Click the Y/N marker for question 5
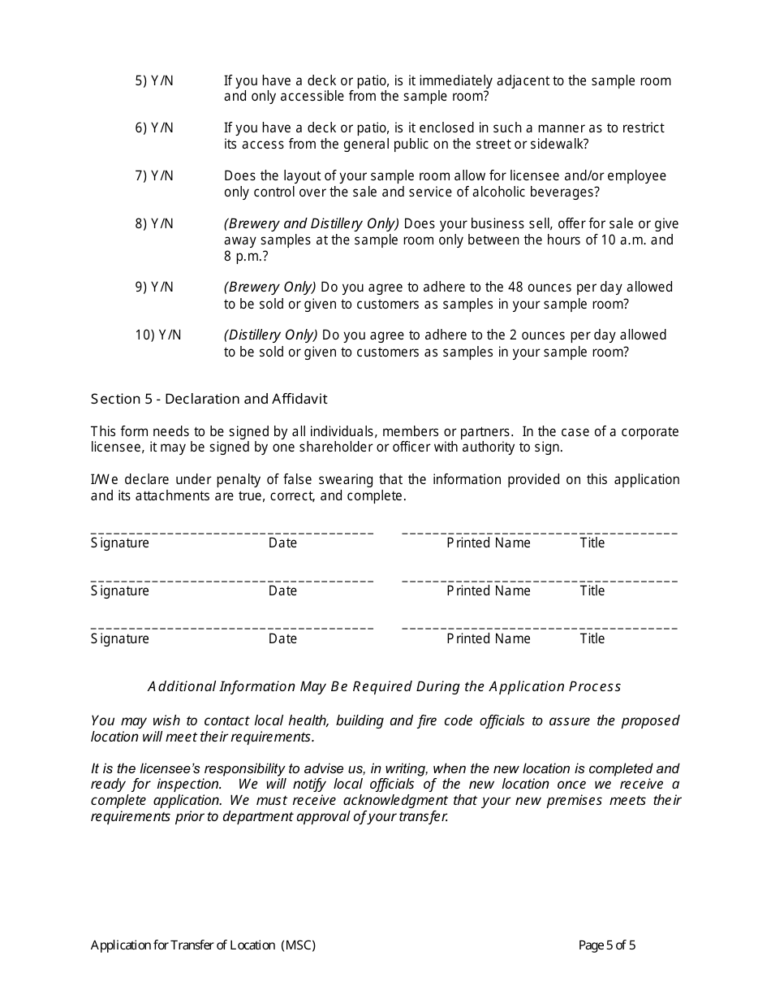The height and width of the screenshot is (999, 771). tap(162, 81)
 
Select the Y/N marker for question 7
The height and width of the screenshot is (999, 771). tap(162, 176)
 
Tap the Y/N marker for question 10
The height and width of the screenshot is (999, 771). tap(170, 335)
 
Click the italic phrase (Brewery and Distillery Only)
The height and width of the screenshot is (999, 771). tap(312, 224)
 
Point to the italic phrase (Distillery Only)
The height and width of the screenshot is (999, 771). tap(271, 335)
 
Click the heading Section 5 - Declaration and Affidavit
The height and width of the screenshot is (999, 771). tap(209, 399)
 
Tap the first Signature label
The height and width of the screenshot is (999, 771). tap(120, 543)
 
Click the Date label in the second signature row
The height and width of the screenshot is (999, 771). tap(282, 591)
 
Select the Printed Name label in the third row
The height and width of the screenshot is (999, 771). tap(488, 639)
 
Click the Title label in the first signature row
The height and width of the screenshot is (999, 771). tap(592, 543)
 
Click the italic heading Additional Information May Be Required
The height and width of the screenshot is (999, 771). tap(384, 687)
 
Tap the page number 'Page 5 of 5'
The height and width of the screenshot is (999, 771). tap(606, 945)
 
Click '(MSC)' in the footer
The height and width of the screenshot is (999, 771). tap(298, 945)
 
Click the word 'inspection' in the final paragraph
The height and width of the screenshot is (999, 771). tap(188, 785)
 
